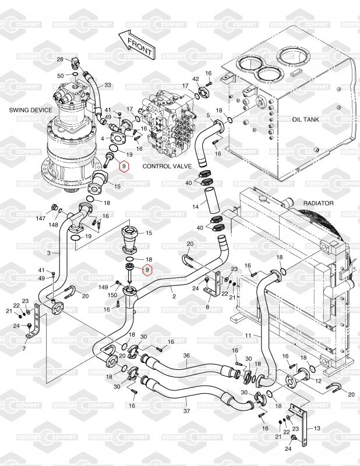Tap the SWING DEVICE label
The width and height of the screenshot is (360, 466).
point(30,110)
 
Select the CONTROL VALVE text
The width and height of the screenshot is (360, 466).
point(165,166)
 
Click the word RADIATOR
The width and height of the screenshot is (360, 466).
point(318,203)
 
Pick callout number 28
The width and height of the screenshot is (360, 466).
point(59,59)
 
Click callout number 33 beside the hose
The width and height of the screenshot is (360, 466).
point(107,85)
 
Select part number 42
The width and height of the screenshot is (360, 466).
point(196,79)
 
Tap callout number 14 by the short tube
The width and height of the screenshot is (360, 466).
point(196,207)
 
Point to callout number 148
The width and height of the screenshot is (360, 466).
point(53,225)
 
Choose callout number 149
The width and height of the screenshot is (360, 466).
point(103,287)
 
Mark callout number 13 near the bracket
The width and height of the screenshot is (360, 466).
point(317,428)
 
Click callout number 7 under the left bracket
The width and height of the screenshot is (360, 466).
point(24,348)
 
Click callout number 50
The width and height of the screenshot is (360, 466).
point(60,76)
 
